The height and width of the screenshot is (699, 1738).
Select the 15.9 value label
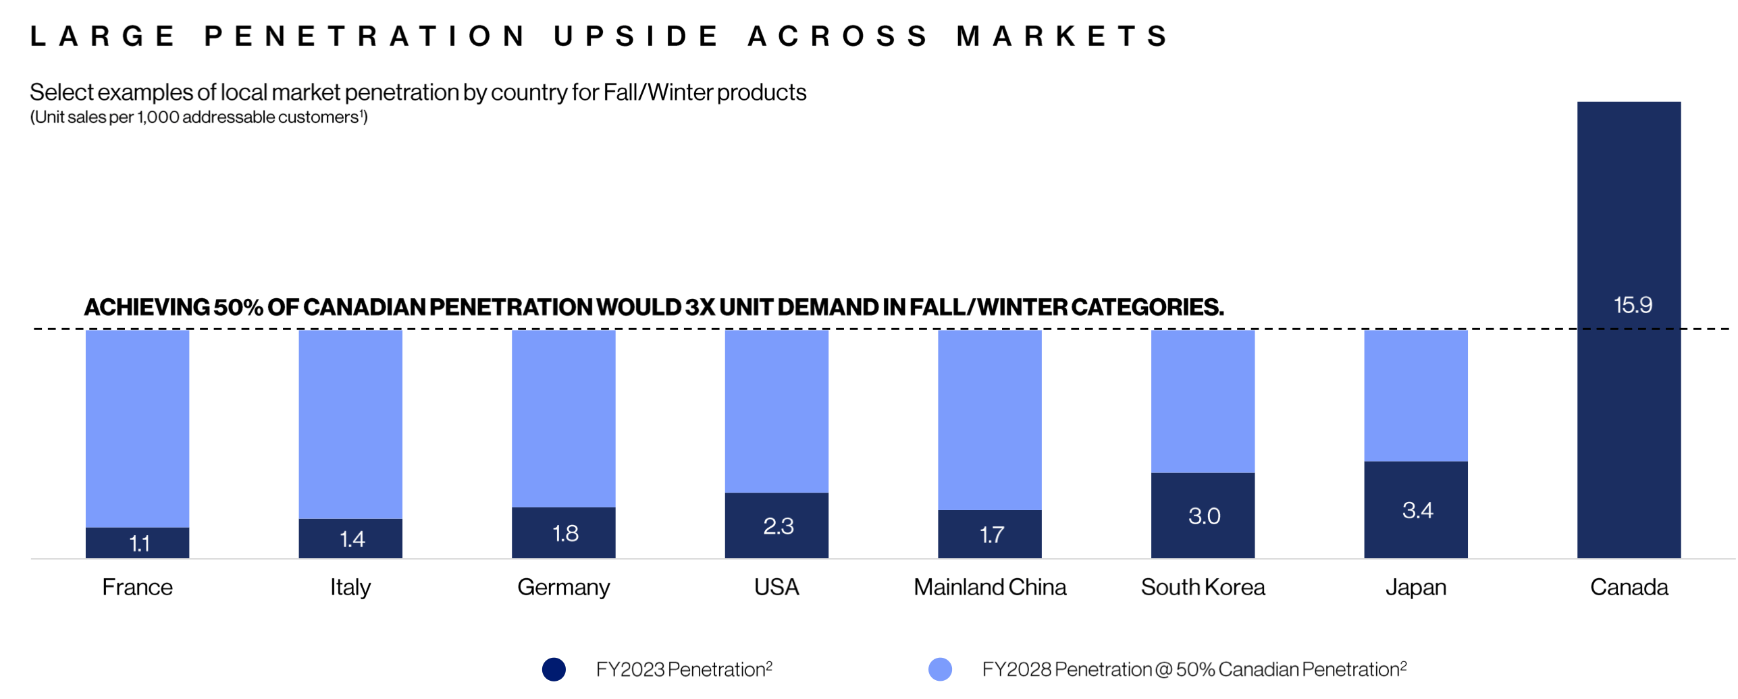(1632, 305)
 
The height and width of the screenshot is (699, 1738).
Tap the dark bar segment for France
(137, 542)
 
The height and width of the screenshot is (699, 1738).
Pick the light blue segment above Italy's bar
(350, 424)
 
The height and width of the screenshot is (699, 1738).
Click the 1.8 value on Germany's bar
(565, 534)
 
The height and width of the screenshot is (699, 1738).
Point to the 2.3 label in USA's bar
(778, 526)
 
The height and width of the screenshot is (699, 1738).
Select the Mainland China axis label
(989, 587)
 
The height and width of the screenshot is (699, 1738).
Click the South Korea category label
(1203, 587)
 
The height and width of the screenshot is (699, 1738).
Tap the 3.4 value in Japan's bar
(1417, 510)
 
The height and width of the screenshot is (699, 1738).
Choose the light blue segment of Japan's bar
(1415, 395)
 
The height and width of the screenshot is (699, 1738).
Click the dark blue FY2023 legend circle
(554, 669)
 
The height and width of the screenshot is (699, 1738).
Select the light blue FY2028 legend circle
(940, 669)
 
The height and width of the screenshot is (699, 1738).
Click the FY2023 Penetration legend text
(683, 669)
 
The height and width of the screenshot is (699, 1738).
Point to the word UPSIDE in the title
(636, 36)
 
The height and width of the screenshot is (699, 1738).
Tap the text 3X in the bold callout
(700, 307)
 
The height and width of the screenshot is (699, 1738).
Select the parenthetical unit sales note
(199, 117)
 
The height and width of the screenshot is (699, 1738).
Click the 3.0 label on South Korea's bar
(1204, 516)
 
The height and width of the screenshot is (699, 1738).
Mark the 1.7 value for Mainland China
(991, 535)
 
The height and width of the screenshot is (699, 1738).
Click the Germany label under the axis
(563, 587)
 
